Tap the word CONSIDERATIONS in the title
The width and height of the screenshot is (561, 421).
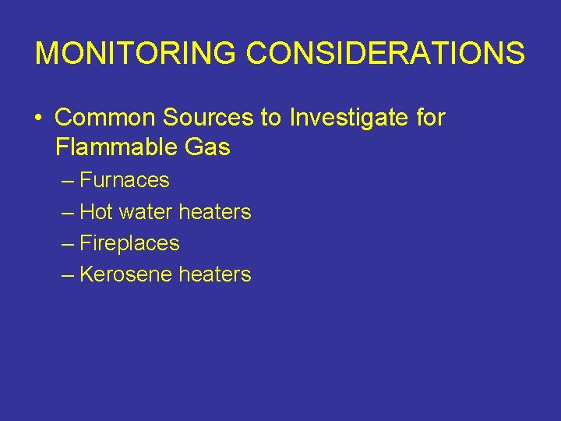[x=386, y=54]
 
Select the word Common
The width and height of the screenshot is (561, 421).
[x=105, y=118]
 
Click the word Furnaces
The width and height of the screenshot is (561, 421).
[x=125, y=180]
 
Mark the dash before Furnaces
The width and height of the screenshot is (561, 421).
[x=67, y=181]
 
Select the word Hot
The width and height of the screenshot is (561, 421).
[x=97, y=211]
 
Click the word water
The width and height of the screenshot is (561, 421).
[x=146, y=211]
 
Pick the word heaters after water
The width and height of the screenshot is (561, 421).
[x=215, y=211]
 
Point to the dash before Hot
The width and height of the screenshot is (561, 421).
[x=67, y=212]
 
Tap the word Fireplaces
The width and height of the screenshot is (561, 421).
[x=129, y=243]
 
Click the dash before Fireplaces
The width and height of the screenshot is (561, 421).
[x=67, y=244]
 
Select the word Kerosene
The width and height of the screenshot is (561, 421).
[x=126, y=274]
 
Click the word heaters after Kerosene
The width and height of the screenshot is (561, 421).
[x=215, y=274]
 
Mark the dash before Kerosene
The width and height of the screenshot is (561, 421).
[x=67, y=275]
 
